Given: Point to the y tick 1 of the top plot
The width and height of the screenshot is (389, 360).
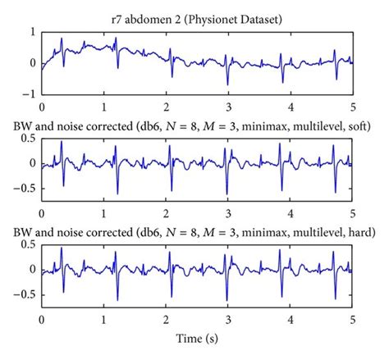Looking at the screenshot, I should click(x=31, y=31).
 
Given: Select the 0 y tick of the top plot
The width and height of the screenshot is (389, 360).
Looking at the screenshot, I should click(x=31, y=62).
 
